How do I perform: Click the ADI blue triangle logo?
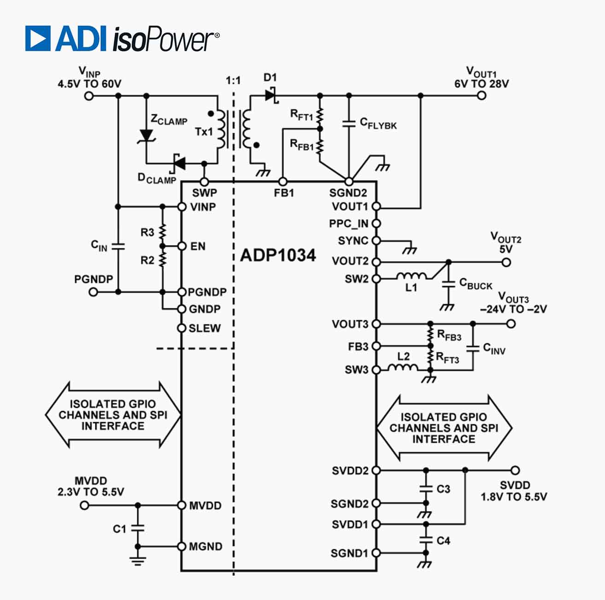(38, 38)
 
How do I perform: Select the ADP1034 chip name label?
(278, 255)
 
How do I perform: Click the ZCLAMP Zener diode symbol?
(147, 135)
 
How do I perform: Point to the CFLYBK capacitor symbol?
(349, 124)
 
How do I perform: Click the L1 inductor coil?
(411, 276)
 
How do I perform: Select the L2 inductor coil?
(403, 368)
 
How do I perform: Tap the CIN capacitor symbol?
(118, 247)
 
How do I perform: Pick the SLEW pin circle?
(182, 328)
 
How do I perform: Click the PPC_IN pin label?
(348, 224)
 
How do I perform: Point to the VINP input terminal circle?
(89, 96)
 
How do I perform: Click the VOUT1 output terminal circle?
(482, 95)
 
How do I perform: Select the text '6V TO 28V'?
(482, 84)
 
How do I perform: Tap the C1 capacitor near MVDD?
(137, 528)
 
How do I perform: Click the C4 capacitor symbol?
(426, 540)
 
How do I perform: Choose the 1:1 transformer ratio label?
(233, 81)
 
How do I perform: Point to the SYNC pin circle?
(376, 241)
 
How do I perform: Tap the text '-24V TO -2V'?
(513, 309)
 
